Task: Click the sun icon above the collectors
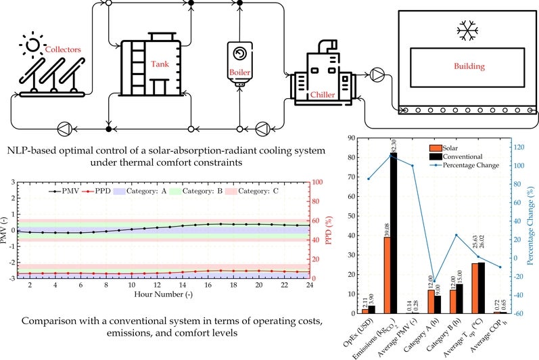pyautogui.click(x=31, y=47)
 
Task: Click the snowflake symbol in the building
pyautogui.click(x=465, y=30)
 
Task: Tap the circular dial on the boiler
pyautogui.click(x=239, y=53)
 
